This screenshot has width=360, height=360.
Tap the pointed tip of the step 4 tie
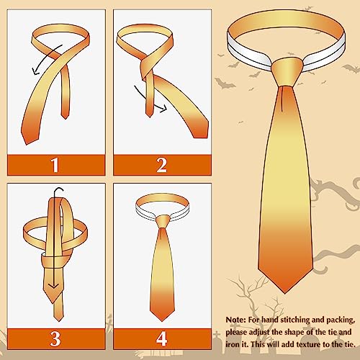pos(162,320)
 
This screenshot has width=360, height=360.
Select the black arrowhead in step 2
pos(166,109)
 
